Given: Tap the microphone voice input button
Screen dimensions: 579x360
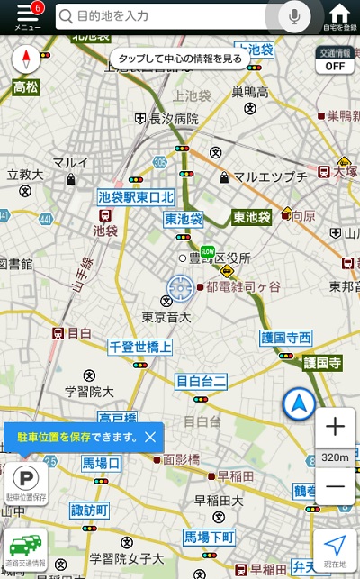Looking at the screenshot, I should (x=293, y=15).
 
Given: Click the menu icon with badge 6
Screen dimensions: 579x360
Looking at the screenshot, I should (x=27, y=16).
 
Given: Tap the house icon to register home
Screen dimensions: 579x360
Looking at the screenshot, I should (x=339, y=15).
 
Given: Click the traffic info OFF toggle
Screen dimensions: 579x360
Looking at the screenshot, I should (x=335, y=60).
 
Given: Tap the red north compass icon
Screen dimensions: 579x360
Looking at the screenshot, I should (x=26, y=60).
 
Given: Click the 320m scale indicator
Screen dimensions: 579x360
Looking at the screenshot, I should (x=335, y=457).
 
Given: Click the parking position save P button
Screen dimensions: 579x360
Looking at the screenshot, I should (x=26, y=482).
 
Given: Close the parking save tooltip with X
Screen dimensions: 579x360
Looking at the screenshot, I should (x=150, y=437).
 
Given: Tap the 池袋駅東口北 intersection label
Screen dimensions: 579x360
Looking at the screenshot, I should (x=135, y=196).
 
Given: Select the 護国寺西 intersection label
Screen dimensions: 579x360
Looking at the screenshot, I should (x=285, y=338).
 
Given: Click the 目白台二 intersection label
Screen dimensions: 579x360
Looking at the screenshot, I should (x=201, y=381).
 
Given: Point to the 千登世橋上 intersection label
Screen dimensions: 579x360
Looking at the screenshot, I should (x=140, y=347).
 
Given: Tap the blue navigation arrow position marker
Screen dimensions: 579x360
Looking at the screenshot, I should (x=299, y=404).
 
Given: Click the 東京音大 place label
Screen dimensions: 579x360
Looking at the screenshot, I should (x=166, y=317).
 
